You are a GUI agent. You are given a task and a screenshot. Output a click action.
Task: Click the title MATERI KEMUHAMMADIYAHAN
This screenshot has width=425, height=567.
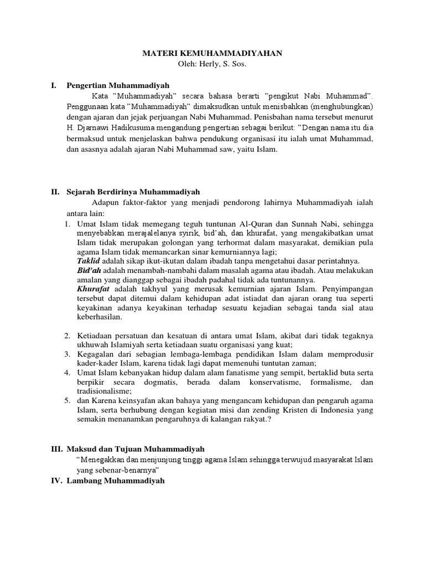click(x=212, y=53)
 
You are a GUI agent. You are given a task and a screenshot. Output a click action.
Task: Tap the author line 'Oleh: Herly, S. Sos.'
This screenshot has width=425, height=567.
click(x=212, y=64)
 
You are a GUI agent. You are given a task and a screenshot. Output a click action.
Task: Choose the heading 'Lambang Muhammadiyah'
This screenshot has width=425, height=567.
click(x=116, y=481)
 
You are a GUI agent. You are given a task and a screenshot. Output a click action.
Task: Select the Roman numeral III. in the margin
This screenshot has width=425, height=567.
click(x=56, y=449)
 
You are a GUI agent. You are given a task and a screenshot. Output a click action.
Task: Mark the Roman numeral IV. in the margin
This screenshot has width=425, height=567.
click(x=56, y=481)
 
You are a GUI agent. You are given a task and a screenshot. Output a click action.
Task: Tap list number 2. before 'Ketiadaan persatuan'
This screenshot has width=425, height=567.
click(x=66, y=336)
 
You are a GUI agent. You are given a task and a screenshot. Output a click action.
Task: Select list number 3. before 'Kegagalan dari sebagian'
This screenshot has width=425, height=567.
click(x=66, y=354)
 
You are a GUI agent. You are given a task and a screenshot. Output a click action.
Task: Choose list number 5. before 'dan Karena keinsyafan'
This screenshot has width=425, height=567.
click(x=66, y=400)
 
